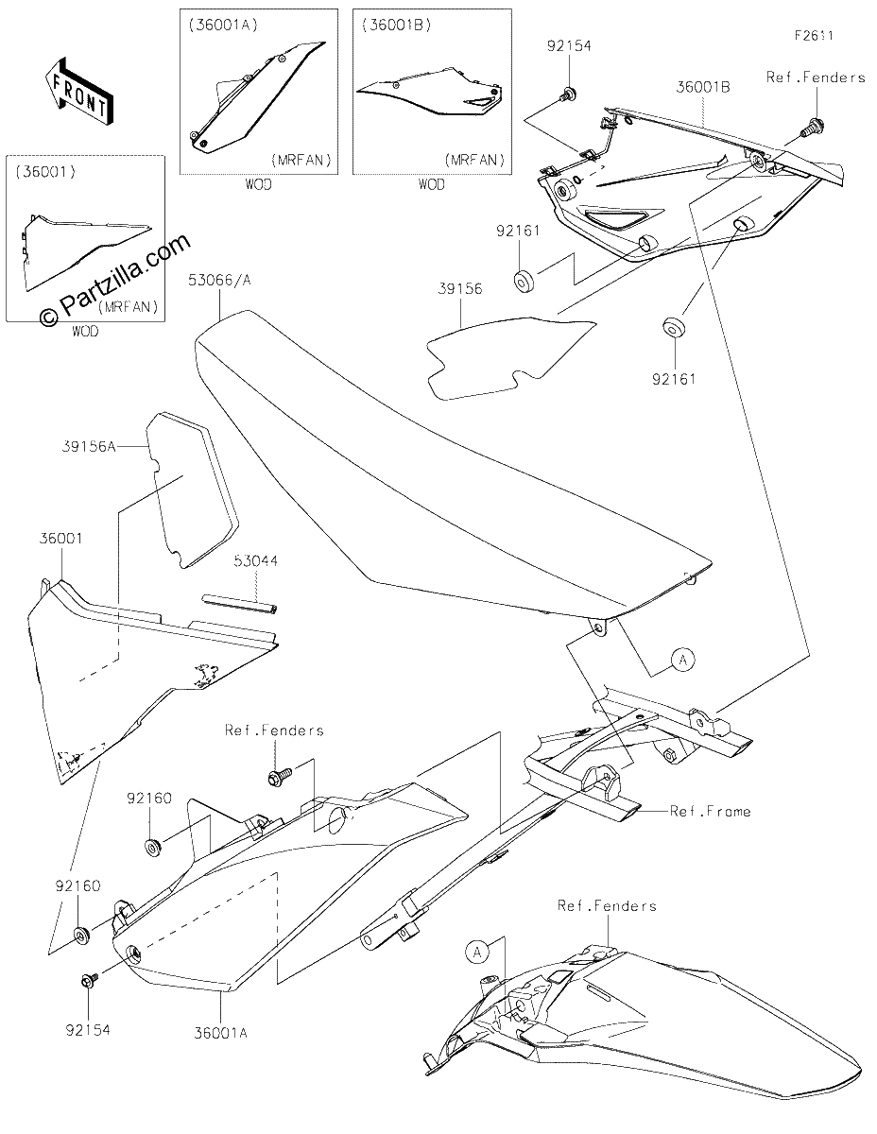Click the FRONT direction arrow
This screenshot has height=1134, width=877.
(x=77, y=91)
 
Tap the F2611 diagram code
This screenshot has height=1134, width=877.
(x=814, y=36)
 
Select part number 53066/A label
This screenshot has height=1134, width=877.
(x=219, y=281)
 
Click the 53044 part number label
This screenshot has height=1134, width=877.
(x=256, y=561)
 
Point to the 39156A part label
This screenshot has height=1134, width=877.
(x=89, y=447)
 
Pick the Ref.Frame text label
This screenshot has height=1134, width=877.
(x=710, y=811)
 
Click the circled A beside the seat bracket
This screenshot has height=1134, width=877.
(x=682, y=660)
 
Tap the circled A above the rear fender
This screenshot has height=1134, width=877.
(x=477, y=953)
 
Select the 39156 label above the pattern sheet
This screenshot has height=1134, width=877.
(x=459, y=288)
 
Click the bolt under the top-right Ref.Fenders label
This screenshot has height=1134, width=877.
(x=814, y=126)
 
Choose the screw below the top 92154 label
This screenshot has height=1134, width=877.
(x=569, y=94)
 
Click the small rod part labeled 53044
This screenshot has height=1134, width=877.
(x=239, y=602)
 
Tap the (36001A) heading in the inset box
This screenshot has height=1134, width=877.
(x=223, y=26)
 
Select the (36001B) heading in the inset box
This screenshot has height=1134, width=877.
(x=397, y=26)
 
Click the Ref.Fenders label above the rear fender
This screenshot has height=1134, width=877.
(x=607, y=905)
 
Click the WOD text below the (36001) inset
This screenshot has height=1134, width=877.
(x=85, y=331)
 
